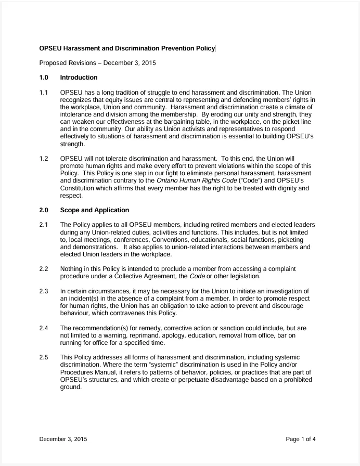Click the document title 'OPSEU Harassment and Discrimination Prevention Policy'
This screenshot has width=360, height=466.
[127, 48]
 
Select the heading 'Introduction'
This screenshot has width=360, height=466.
[79, 78]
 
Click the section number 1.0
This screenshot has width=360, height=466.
[44, 78]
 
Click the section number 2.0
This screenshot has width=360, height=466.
[44, 210]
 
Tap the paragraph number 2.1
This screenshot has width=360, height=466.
[44, 225]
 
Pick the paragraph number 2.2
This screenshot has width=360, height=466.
[44, 268]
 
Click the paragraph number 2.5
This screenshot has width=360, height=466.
[44, 358]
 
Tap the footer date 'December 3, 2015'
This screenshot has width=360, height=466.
[63, 439]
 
